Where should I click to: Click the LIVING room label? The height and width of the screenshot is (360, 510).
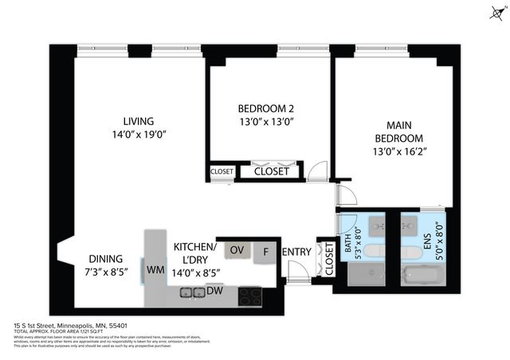[x=133, y=121]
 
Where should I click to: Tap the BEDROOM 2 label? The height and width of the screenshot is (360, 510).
[x=266, y=109]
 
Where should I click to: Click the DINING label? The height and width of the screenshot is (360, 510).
[x=105, y=258]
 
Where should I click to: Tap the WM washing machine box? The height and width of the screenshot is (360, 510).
[x=155, y=270]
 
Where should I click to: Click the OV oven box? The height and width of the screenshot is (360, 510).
[x=237, y=251]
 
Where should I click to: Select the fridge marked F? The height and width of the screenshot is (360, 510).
[x=265, y=252]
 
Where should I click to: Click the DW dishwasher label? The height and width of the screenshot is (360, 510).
[x=214, y=292]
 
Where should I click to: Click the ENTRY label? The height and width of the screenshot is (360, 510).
[x=296, y=252]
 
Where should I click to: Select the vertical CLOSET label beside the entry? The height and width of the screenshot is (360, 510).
[x=328, y=259]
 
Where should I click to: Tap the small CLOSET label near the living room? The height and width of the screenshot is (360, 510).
[x=222, y=171]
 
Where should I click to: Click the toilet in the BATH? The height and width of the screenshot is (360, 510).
[x=367, y=252]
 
